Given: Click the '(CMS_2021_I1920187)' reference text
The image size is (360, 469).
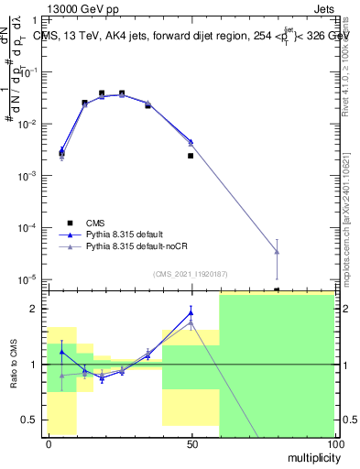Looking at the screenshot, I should (189, 273).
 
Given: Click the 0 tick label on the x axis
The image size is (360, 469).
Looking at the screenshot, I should (49, 443).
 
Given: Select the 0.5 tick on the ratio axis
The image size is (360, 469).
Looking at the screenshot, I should (33, 420).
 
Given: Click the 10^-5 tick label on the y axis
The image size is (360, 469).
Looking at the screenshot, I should (29, 279).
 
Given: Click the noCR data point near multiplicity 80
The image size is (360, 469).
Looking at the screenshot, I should (277, 252).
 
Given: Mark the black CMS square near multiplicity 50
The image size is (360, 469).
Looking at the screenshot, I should (191, 156).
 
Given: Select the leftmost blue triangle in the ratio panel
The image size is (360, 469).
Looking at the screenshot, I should (61, 352).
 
